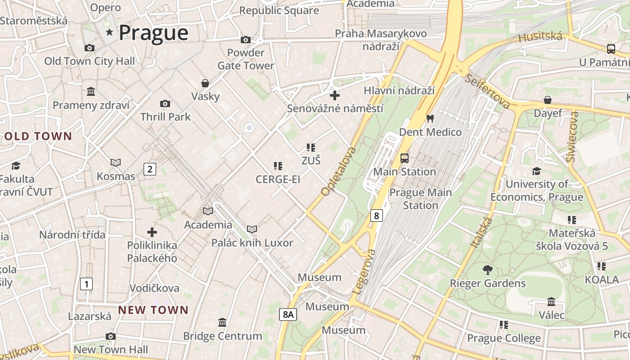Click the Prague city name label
click(x=153, y=33)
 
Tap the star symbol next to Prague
click(x=109, y=32)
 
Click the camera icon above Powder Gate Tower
click(x=245, y=40)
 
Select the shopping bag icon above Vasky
click(x=205, y=83)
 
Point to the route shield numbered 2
click(x=149, y=169)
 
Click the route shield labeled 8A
click(x=288, y=315)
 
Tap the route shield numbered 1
click(x=86, y=284)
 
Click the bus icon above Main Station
click(x=405, y=158)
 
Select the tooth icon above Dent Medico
click(x=430, y=119)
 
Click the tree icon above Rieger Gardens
click(x=487, y=270)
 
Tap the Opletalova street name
click(x=339, y=171)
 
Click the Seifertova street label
click(x=488, y=91)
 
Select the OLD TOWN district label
click(x=38, y=136)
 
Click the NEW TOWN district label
click(x=153, y=310)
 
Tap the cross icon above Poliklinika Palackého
click(x=152, y=232)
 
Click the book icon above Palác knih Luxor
click(x=252, y=229)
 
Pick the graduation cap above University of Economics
click(x=536, y=171)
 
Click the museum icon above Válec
click(x=551, y=301)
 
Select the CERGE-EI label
click(x=278, y=179)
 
